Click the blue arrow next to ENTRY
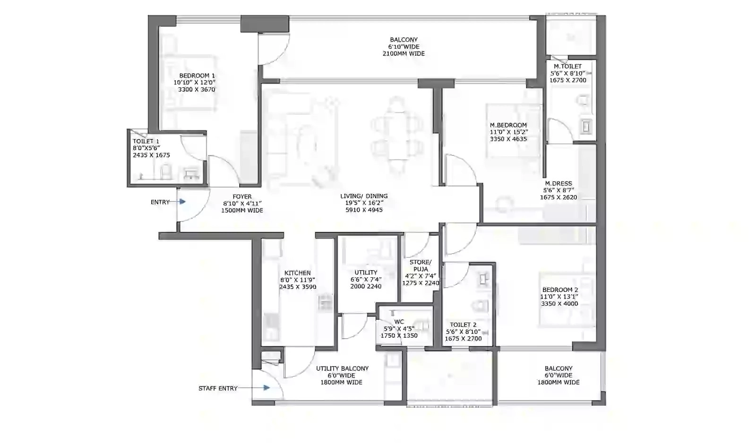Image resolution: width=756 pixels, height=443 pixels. (x=182, y=202)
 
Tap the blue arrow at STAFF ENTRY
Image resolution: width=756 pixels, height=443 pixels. (x=266, y=388)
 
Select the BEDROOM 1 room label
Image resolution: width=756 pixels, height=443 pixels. (x=197, y=76)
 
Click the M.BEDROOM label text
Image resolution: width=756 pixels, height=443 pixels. (x=508, y=125)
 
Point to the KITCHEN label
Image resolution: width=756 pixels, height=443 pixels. (x=297, y=273)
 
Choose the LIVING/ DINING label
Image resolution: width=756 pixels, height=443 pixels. (x=364, y=196)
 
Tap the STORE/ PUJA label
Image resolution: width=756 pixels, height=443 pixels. (x=420, y=265)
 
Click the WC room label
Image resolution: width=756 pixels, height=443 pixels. (x=399, y=322)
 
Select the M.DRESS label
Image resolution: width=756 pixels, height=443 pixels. (x=558, y=184)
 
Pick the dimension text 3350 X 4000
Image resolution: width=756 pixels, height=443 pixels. (x=559, y=304)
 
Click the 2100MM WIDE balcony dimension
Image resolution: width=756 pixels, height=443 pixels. (x=404, y=54)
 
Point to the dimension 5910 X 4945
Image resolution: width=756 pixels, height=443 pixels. (x=364, y=210)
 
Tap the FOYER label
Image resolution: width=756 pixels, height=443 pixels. (x=242, y=196)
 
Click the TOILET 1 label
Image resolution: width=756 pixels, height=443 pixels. (x=146, y=141)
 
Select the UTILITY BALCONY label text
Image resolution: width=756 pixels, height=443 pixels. (x=342, y=368)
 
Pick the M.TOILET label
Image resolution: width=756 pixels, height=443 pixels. (x=567, y=67)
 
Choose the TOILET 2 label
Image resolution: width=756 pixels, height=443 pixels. (x=463, y=324)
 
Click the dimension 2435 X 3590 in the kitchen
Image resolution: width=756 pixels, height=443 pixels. (x=298, y=287)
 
